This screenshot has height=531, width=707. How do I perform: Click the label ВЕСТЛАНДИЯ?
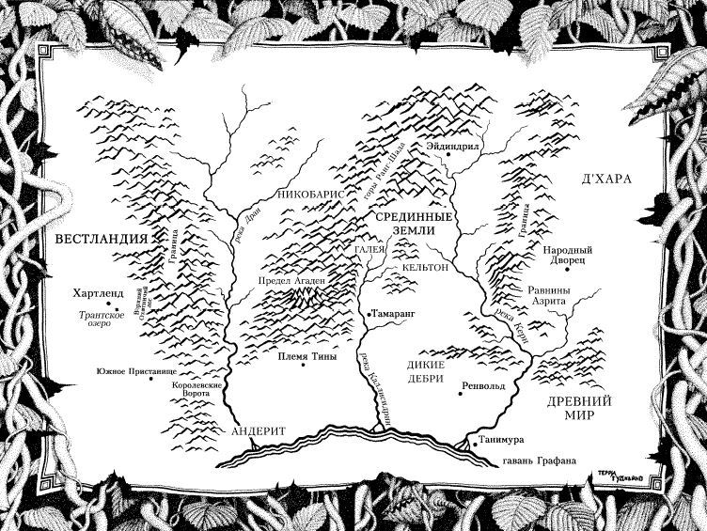pyautogui.click(x=102, y=239)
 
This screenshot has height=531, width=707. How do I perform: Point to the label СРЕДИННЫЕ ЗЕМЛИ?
pyautogui.click(x=416, y=224)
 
